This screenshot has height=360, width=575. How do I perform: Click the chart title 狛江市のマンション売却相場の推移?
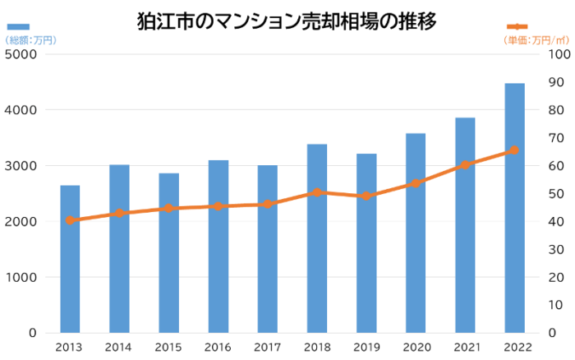(x=287, y=20)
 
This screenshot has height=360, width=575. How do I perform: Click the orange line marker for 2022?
(x=514, y=150)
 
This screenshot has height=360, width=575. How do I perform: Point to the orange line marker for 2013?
(x=71, y=220)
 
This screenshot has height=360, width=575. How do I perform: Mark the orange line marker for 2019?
(x=366, y=196)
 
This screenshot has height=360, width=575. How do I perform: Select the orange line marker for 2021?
(x=465, y=164)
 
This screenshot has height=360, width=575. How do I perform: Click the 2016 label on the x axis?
(x=218, y=347)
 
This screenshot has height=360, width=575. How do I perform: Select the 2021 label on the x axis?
(x=465, y=347)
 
